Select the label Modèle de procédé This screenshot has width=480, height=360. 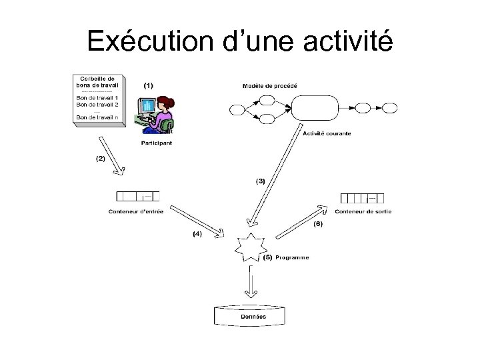pyautogui.click(x=269, y=86)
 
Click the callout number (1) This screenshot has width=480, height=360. pyautogui.click(x=147, y=86)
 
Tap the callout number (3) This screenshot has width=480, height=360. pyautogui.click(x=261, y=180)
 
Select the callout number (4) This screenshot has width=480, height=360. pyautogui.click(x=197, y=234)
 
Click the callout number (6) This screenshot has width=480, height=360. pyautogui.click(x=318, y=224)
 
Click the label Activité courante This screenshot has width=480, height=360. pyautogui.click(x=327, y=133)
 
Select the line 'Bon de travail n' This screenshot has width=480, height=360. pyautogui.click(x=97, y=117)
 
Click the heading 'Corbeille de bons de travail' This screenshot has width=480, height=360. pyautogui.click(x=97, y=82)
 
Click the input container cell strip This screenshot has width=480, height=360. pyautogui.click(x=138, y=197)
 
